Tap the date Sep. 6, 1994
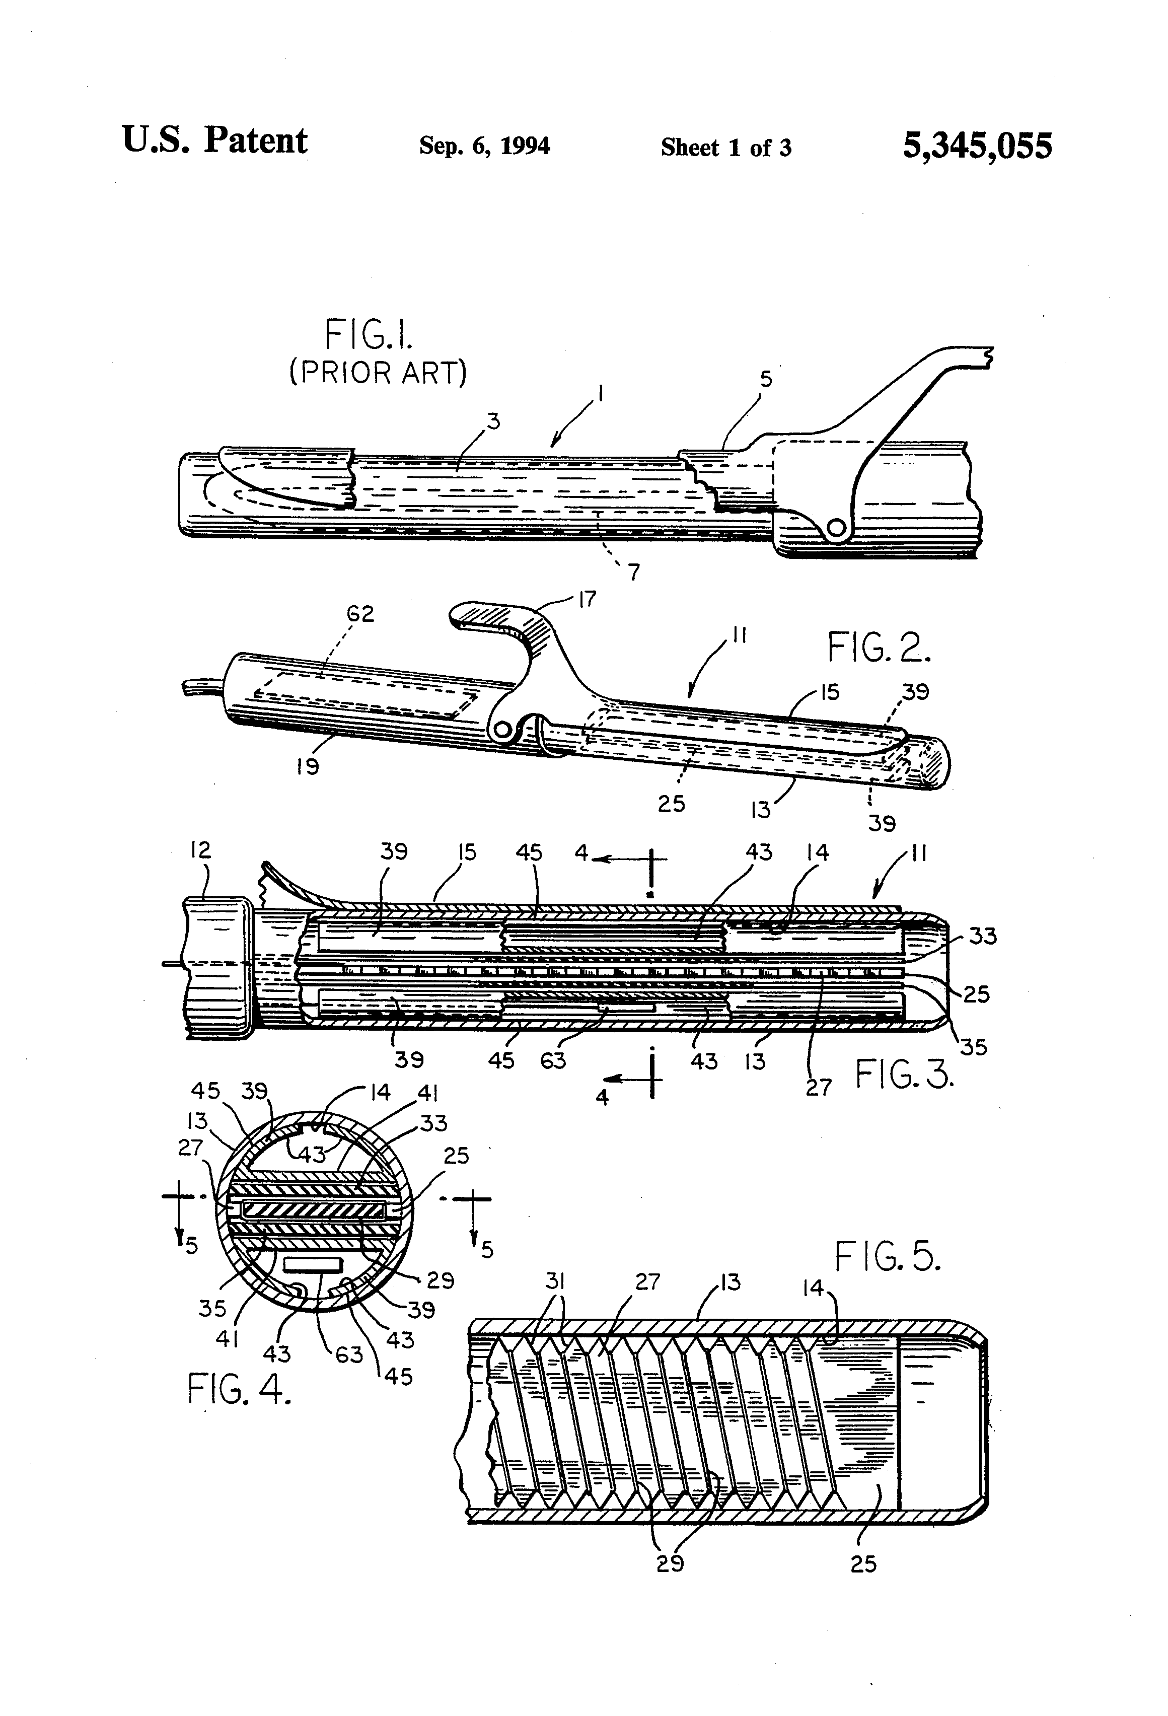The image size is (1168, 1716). (484, 146)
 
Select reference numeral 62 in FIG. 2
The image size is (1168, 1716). (361, 614)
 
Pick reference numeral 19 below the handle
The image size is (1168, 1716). (307, 766)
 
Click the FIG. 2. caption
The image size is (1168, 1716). (879, 648)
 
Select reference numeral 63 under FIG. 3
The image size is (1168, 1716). (552, 1060)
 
